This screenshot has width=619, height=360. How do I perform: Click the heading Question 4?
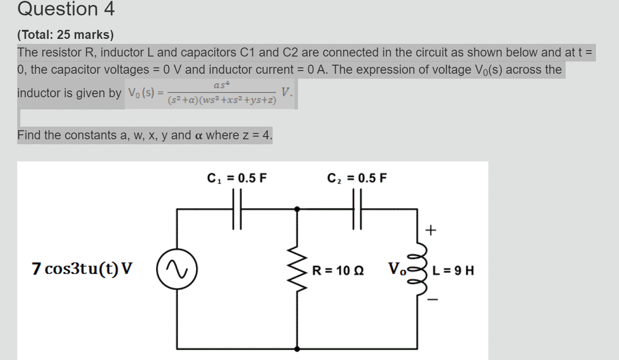point(66,9)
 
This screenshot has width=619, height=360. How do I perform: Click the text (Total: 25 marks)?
point(66,35)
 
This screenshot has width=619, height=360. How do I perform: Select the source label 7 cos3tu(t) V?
point(83,269)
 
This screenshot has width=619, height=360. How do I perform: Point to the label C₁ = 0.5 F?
point(237,178)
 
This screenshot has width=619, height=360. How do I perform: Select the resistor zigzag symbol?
point(297,271)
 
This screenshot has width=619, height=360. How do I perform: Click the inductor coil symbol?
point(420,271)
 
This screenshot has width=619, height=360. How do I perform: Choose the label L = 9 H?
point(454,271)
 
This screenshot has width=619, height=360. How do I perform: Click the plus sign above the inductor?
point(431,231)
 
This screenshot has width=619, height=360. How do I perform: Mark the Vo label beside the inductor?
point(396,269)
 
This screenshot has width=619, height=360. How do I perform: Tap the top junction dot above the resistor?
point(297,209)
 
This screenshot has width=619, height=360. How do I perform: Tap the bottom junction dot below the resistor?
point(297,349)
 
